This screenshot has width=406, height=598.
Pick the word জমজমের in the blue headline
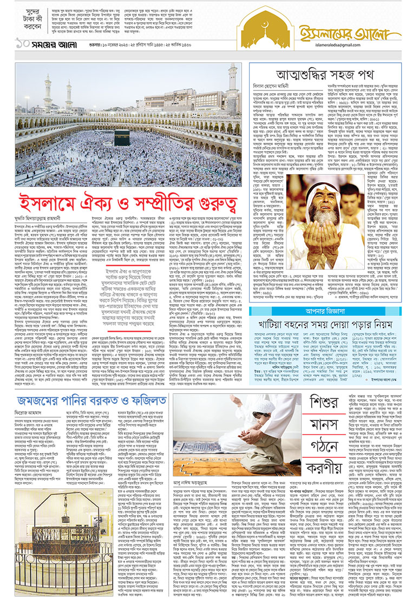tap(41, 400)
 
